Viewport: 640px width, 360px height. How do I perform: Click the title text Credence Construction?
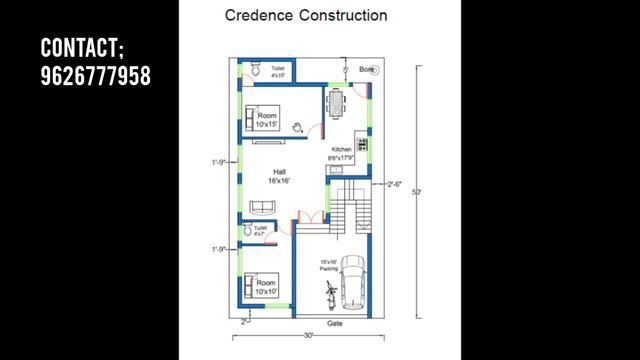click(x=306, y=16)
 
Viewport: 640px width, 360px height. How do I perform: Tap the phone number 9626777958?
click(x=95, y=75)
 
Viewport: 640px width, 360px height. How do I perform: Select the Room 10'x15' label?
click(x=266, y=120)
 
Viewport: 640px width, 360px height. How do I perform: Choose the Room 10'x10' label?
click(x=266, y=288)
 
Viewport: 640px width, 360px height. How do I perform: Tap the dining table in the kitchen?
click(x=336, y=101)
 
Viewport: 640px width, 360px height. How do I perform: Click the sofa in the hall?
click(x=263, y=206)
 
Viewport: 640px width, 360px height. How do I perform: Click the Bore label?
click(x=366, y=69)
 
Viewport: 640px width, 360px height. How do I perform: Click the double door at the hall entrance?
click(x=308, y=215)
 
